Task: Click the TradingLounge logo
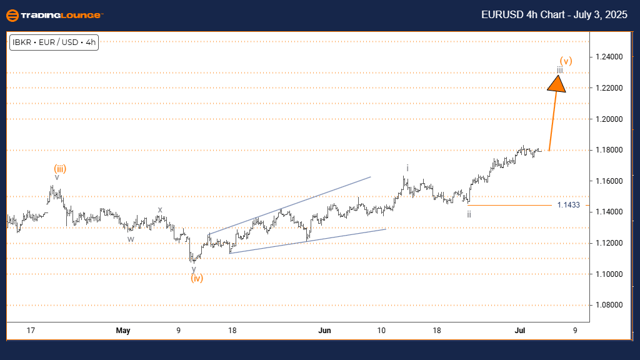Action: pyautogui.click(x=53, y=15)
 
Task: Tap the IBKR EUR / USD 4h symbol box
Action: pyautogui.click(x=54, y=42)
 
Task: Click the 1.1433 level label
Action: pyautogui.click(x=567, y=205)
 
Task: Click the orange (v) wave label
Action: pyautogui.click(x=566, y=61)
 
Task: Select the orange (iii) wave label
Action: pyautogui.click(x=60, y=168)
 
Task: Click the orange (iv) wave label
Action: pyautogui.click(x=196, y=278)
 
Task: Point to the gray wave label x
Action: pyautogui.click(x=160, y=210)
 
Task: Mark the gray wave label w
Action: pyautogui.click(x=131, y=238)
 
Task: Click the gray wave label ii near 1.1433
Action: pyautogui.click(x=469, y=214)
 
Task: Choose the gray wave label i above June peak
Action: pyautogui.click(x=407, y=168)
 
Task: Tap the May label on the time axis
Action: pyautogui.click(x=123, y=330)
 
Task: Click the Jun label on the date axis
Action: pyautogui.click(x=324, y=330)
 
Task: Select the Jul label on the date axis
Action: pyautogui.click(x=517, y=330)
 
